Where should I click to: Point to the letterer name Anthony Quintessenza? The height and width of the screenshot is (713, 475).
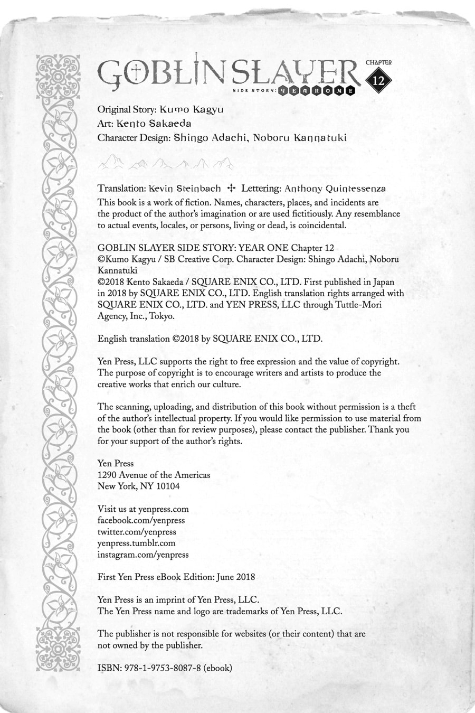click(x=335, y=188)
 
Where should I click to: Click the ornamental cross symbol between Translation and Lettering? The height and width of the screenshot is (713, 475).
click(x=231, y=188)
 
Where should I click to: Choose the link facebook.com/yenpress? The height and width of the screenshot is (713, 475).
click(x=141, y=520)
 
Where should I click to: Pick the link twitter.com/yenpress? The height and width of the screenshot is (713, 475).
click(x=137, y=532)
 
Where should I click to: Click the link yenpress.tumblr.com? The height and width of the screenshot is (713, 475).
click(x=136, y=543)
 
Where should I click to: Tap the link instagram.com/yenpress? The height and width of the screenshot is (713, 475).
click(x=143, y=555)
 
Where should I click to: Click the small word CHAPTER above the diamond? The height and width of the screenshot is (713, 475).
click(x=378, y=62)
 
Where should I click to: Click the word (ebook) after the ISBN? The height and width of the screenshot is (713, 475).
click(x=217, y=668)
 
